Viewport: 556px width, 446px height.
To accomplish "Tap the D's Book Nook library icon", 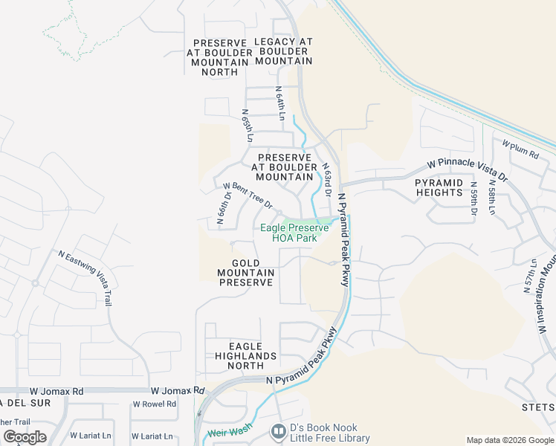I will [278, 430].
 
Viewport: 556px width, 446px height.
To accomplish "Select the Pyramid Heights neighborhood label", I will [439, 187].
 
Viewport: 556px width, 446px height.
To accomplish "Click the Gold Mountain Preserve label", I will [245, 273].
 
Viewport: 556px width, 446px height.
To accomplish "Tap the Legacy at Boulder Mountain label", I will [283, 51].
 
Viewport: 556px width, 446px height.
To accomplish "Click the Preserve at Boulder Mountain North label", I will [219, 57].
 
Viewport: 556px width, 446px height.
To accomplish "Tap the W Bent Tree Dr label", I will [248, 195].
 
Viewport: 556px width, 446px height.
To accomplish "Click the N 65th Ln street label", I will [248, 126].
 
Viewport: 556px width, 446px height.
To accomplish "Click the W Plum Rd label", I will [520, 148].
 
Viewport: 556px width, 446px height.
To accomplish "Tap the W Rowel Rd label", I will [155, 404].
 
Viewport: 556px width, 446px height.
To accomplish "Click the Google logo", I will [25, 437].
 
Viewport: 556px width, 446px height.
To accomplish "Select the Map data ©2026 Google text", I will [509, 440].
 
